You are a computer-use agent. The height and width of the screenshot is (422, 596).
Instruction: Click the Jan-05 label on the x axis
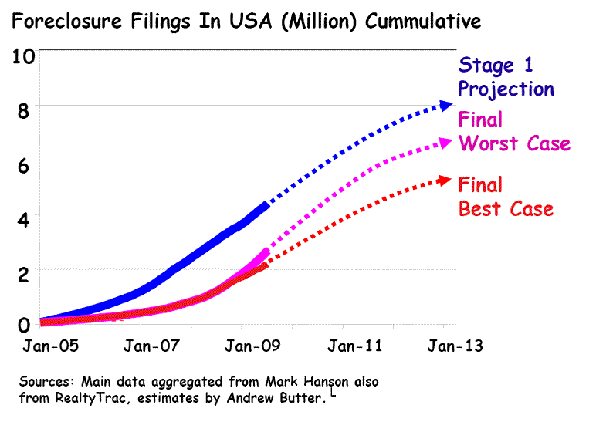pyautogui.click(x=49, y=346)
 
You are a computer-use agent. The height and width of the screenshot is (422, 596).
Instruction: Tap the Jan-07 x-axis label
pyautogui.click(x=148, y=346)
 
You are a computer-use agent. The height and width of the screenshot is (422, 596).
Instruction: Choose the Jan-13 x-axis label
pyautogui.click(x=453, y=346)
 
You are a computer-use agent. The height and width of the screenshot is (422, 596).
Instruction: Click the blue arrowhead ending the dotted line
pyautogui.click(x=445, y=105)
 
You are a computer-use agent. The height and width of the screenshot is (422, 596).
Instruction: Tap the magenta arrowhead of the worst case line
pyautogui.click(x=445, y=142)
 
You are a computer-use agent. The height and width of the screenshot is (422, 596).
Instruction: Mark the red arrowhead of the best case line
pyautogui.click(x=445, y=180)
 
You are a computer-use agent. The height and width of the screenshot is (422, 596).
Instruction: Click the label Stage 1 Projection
pyautogui.click(x=506, y=76)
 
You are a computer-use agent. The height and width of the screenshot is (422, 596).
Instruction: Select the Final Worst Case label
pyautogui.click(x=513, y=132)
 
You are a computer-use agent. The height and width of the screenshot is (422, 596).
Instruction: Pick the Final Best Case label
pyautogui.click(x=506, y=197)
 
